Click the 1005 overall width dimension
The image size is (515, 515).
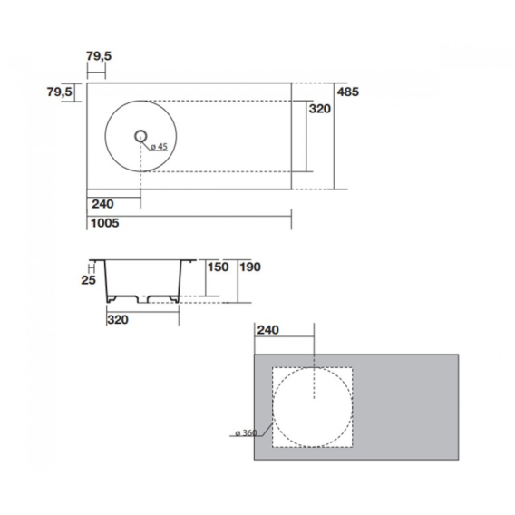(105, 223)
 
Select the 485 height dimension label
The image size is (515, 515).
(348, 92)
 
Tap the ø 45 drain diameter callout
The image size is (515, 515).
(159, 147)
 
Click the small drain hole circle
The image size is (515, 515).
(141, 136)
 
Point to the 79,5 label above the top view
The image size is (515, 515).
(99, 56)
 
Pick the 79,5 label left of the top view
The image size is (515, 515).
(59, 92)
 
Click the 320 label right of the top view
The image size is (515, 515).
(319, 109)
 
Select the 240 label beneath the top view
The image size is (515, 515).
(102, 204)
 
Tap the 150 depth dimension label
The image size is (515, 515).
(218, 267)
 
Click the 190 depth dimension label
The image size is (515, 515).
(250, 267)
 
